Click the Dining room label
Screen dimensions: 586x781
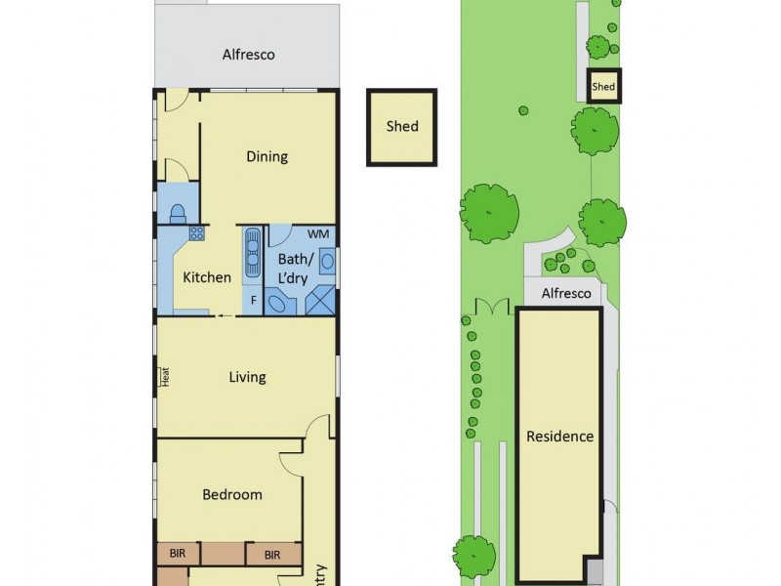pyautogui.click(x=267, y=156)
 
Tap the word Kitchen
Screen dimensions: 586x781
pyautogui.click(x=207, y=277)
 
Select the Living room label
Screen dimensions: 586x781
pyautogui.click(x=247, y=377)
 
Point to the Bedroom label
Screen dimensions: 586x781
pyautogui.click(x=232, y=494)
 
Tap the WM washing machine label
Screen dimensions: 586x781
pyautogui.click(x=318, y=234)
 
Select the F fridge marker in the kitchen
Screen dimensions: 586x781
pyautogui.click(x=253, y=301)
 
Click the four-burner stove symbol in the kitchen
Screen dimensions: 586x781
pyautogui.click(x=196, y=233)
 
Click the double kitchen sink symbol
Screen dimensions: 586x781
pyautogui.click(x=252, y=241)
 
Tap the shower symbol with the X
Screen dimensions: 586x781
pyautogui.click(x=319, y=302)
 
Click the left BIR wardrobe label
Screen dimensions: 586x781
pyautogui.click(x=177, y=555)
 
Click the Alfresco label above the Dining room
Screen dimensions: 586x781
pyautogui.click(x=247, y=55)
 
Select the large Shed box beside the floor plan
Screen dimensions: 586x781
pyautogui.click(x=401, y=126)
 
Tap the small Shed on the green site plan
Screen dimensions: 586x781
pyautogui.click(x=603, y=87)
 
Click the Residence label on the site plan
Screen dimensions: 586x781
pyautogui.click(x=559, y=437)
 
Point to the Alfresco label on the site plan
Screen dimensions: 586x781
pyautogui.click(x=566, y=293)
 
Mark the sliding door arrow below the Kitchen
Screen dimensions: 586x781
pyautogui.click(x=226, y=315)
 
